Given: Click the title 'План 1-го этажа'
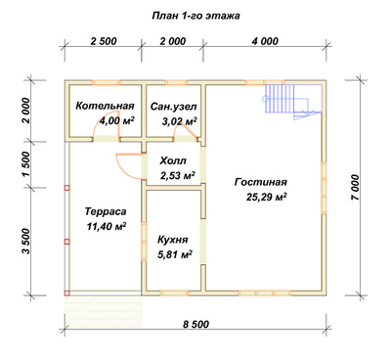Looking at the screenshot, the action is click(x=195, y=16).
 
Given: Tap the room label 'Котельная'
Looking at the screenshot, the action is click(x=105, y=106).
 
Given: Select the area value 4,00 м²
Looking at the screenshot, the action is click(x=117, y=121).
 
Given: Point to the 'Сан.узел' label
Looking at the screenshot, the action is click(x=174, y=107).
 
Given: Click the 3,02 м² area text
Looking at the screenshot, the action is click(x=180, y=121).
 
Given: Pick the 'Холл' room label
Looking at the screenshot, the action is click(x=173, y=160).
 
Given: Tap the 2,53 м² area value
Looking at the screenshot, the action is click(x=178, y=176).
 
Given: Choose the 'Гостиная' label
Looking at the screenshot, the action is click(x=261, y=182).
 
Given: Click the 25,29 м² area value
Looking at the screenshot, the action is click(x=267, y=197).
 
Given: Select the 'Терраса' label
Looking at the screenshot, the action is click(x=106, y=211).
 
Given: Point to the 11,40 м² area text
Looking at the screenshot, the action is click(x=107, y=226).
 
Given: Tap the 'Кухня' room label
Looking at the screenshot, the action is click(x=173, y=240).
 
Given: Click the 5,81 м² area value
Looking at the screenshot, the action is click(x=175, y=254).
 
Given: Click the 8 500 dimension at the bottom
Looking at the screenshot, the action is click(x=195, y=325).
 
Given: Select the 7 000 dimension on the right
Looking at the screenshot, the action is click(x=355, y=188).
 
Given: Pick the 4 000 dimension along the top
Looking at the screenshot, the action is click(x=265, y=41).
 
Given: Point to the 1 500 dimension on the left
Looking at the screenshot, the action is click(x=26, y=164).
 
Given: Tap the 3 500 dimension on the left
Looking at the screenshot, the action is click(x=26, y=241).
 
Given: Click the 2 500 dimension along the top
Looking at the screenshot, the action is click(x=104, y=41).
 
